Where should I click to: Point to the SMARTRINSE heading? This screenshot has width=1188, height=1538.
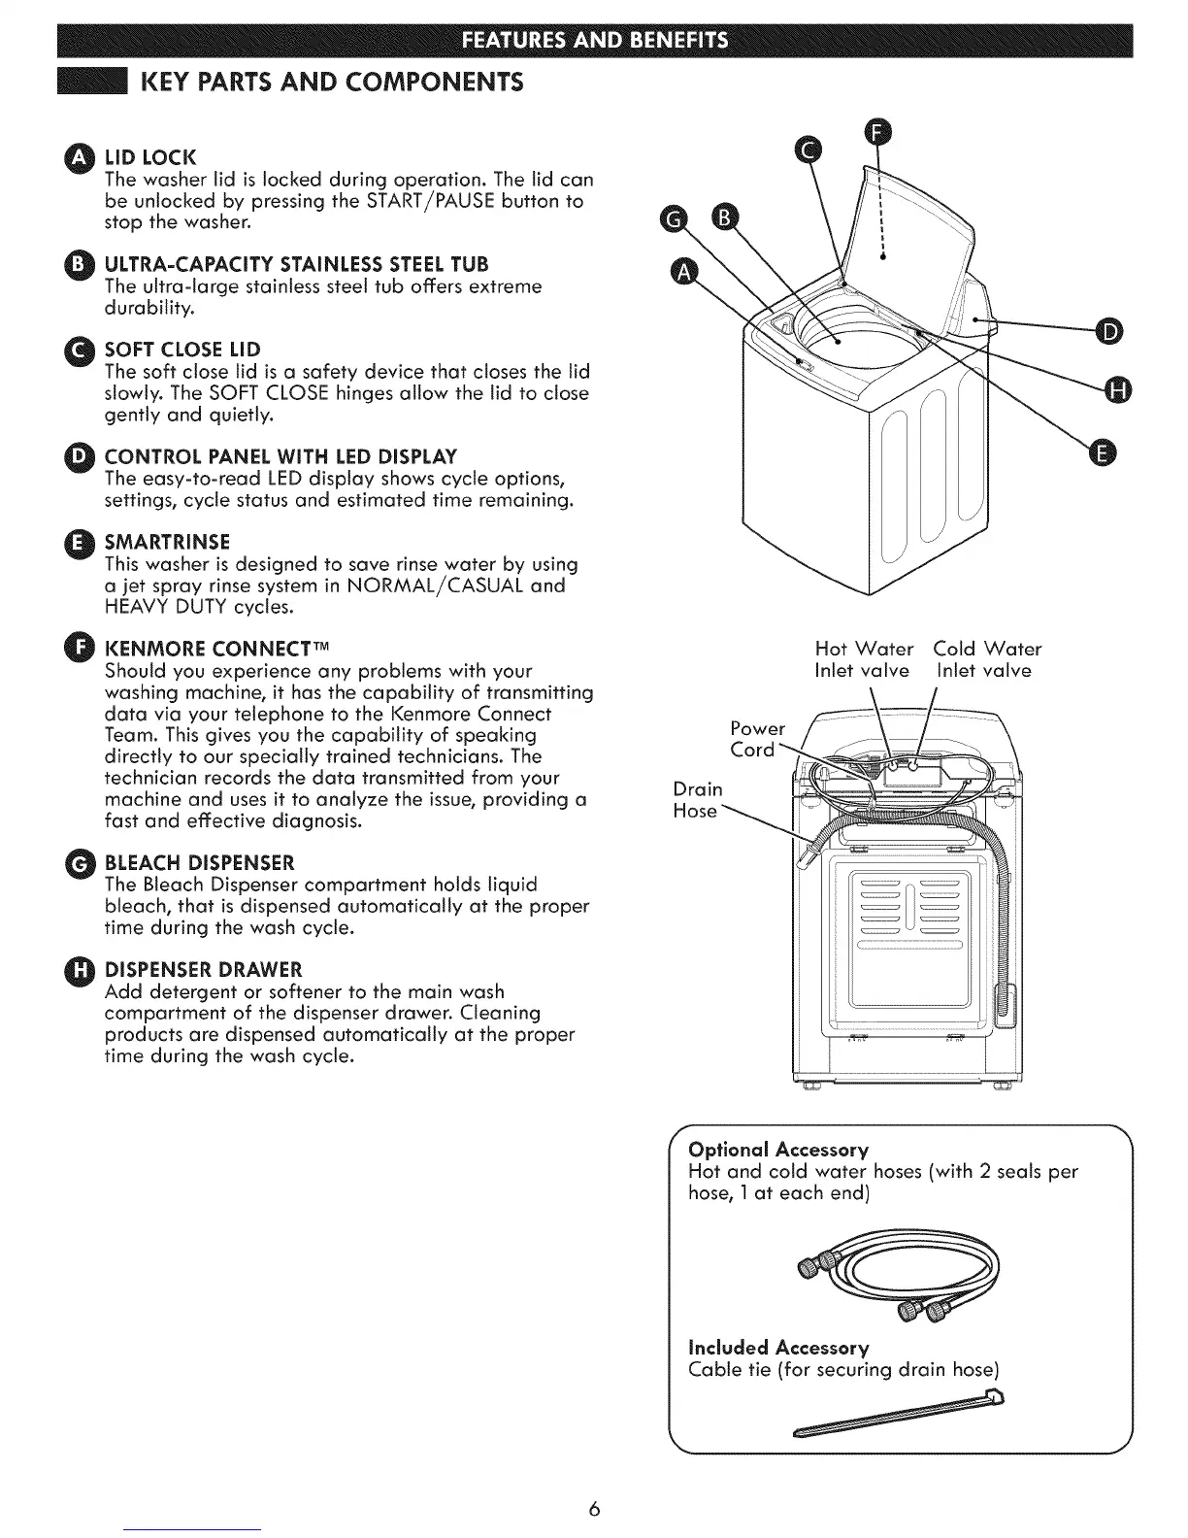(x=167, y=541)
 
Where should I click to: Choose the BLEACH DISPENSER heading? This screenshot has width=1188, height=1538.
(x=199, y=863)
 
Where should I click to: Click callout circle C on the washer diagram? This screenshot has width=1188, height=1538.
(x=808, y=148)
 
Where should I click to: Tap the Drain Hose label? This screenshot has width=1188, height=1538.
(x=697, y=800)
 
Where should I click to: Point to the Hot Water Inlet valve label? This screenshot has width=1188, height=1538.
(x=864, y=659)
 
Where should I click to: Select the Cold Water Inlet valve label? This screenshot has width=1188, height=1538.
(x=986, y=659)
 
